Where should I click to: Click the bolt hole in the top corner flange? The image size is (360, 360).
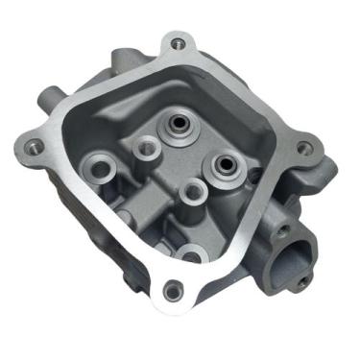pyautogui.click(x=175, y=42)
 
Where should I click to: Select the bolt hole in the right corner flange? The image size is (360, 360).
pyautogui.click(x=303, y=148)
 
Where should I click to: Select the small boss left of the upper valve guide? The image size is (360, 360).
pyautogui.click(x=147, y=147)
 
